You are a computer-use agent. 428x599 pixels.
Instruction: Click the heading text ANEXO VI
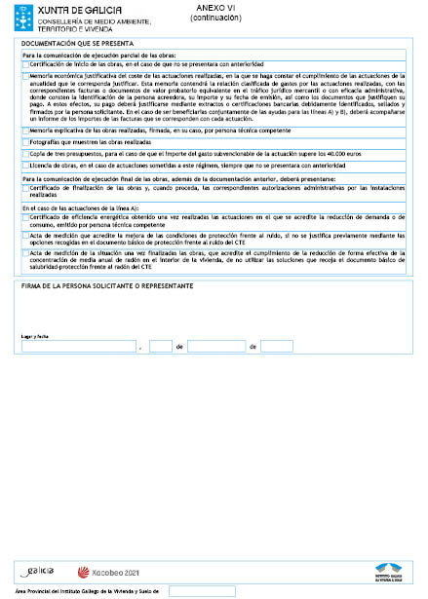pos(215,8)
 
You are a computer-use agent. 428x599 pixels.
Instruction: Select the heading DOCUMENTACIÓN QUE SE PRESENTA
pos(77,44)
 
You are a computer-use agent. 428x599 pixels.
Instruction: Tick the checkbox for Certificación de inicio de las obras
pos(25,63)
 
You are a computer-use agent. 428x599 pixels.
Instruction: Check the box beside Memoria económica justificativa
pos(25,74)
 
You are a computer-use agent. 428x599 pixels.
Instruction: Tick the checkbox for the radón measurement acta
pos(25,251)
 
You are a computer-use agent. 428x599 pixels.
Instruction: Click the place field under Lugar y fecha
pos(79,346)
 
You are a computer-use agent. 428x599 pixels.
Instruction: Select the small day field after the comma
pos(161,346)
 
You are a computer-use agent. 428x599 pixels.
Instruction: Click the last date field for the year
pos(276,346)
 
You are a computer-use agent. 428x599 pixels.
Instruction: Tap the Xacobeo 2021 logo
pos(109,572)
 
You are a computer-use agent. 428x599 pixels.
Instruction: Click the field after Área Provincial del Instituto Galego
pos(202,591)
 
